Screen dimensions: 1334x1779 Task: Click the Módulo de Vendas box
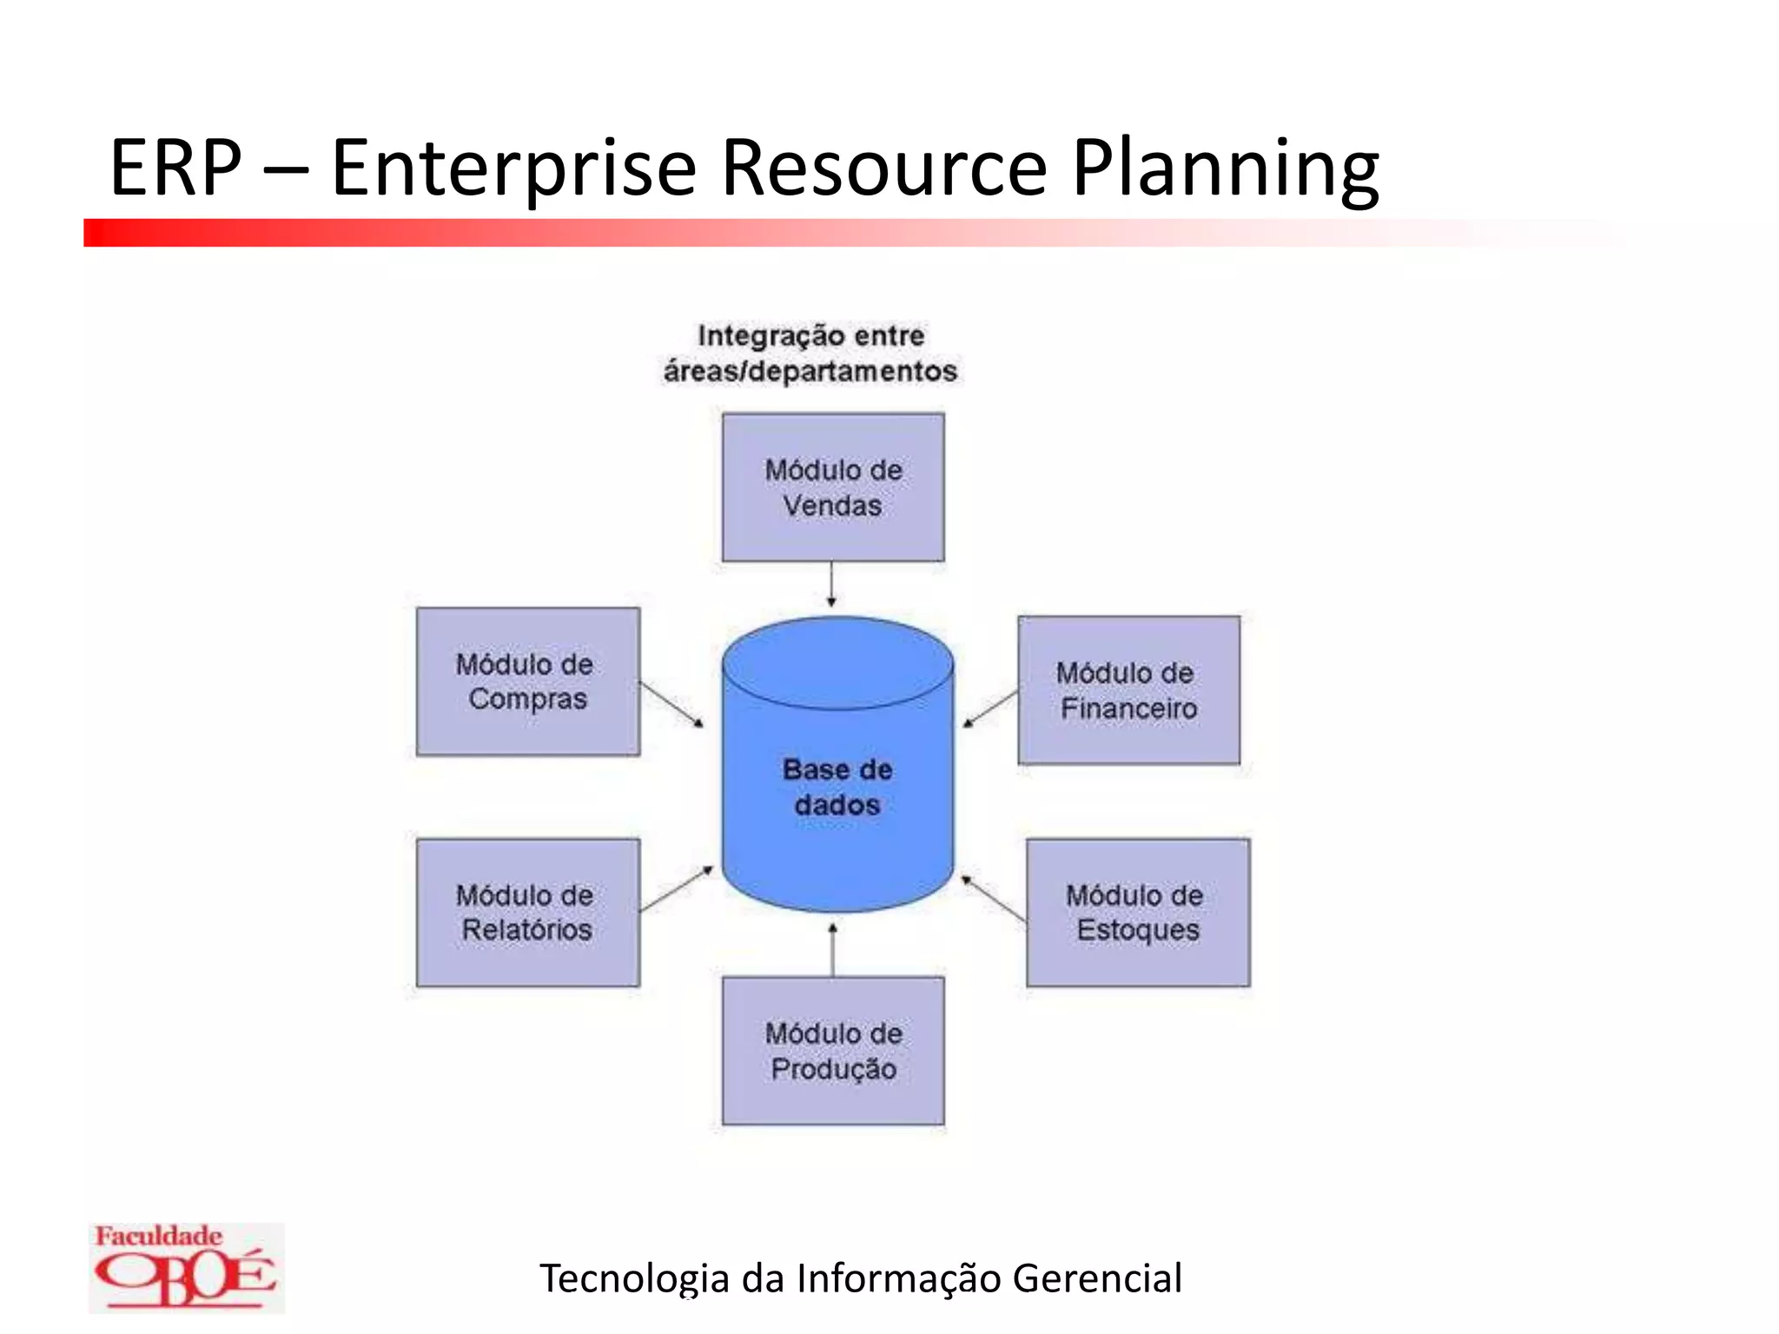(833, 487)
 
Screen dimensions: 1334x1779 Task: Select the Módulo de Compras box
(527, 682)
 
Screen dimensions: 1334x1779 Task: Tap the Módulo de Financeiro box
(1128, 690)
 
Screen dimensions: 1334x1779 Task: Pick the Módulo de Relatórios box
(527, 912)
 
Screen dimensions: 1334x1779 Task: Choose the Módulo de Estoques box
(1138, 912)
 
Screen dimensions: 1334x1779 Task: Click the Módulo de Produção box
(833, 1051)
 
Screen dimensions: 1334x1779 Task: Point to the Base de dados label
(837, 787)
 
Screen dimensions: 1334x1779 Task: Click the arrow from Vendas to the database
(831, 584)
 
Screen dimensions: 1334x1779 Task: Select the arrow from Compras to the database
(671, 703)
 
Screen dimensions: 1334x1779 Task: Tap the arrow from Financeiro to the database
(991, 708)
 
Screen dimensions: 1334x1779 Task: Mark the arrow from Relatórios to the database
(676, 888)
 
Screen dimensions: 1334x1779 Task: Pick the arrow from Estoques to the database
(994, 898)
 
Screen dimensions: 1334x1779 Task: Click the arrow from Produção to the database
(832, 950)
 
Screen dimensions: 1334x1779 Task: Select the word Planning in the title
(1225, 168)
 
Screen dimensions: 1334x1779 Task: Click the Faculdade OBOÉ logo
(186, 1267)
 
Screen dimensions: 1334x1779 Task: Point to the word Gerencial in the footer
(1096, 1278)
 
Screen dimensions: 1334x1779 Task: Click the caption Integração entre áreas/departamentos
(810, 353)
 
